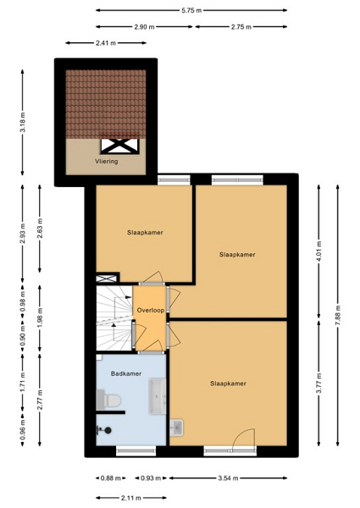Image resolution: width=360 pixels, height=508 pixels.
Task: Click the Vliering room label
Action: pos(106,161)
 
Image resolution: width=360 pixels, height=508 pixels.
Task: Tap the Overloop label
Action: pos(150,310)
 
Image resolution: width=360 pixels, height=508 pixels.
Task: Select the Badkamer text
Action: pos(126,373)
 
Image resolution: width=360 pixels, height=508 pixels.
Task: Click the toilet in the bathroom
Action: pos(109,400)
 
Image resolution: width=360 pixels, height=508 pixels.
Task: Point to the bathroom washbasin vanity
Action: pos(158,396)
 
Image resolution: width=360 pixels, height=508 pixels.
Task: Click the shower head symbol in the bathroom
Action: pos(104,430)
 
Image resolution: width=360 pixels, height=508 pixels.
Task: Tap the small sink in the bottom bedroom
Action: pos(176,428)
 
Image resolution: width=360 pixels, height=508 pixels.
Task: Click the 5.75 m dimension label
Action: pos(191,10)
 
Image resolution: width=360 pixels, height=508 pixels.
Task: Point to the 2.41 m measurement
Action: pos(106,43)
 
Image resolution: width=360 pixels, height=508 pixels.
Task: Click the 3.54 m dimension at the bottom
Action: pos(228,478)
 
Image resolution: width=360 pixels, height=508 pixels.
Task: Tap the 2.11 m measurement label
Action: pos(131,498)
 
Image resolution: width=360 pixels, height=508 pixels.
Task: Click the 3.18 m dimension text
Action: pos(23,122)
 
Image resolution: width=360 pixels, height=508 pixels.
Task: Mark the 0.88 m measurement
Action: pos(111,478)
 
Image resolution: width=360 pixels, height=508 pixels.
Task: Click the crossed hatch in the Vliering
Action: pos(119,146)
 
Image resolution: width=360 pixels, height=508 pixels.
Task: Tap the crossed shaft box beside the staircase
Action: pos(106,279)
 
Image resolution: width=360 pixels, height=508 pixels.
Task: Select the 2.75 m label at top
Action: pos(241,27)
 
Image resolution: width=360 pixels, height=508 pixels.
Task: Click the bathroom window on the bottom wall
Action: pos(136,450)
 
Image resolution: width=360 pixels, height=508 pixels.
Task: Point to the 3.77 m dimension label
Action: pos(319,383)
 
